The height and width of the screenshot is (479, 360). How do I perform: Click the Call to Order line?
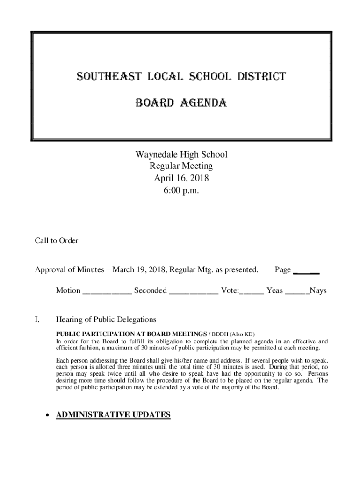click(x=57, y=241)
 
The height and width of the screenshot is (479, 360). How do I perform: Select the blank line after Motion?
click(x=107, y=291)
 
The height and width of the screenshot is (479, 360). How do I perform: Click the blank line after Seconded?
click(x=193, y=291)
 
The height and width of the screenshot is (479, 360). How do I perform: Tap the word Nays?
click(x=318, y=291)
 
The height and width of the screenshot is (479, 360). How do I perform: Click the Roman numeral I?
click(x=37, y=320)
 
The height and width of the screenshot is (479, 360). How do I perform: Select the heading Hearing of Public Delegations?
click(x=106, y=320)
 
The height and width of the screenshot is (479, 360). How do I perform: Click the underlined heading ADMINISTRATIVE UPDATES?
click(x=113, y=415)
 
